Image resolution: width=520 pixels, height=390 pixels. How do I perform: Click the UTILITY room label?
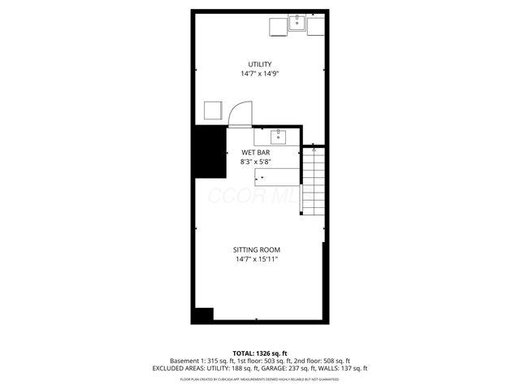(x=260, y=64)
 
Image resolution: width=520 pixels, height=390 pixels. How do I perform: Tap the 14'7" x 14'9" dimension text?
(x=260, y=74)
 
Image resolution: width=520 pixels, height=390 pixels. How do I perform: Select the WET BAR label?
(x=256, y=152)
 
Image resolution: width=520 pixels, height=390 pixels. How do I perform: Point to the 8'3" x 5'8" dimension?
(x=256, y=162)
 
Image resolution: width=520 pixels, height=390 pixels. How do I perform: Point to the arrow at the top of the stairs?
(x=314, y=149)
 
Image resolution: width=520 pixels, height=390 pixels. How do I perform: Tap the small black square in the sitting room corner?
(x=203, y=314)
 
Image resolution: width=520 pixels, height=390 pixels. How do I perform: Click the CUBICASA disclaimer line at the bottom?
(x=260, y=379)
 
